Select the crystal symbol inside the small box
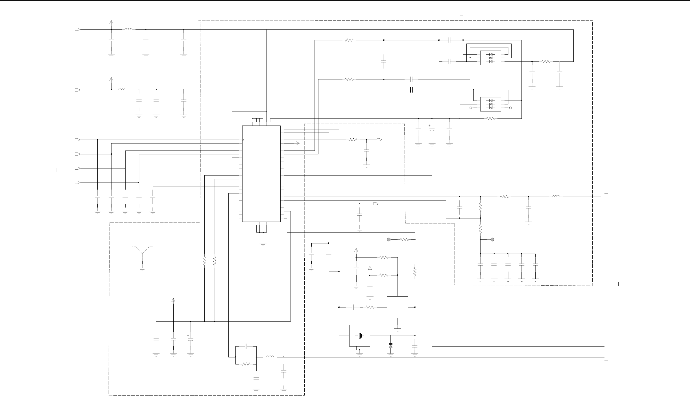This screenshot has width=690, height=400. point(360,336)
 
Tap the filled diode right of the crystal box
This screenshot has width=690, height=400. point(390,346)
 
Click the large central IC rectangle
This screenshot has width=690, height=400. point(261,173)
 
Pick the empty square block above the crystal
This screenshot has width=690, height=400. point(398,307)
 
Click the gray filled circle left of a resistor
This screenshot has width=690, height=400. point(389,239)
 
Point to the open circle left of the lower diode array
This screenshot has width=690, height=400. point(471,108)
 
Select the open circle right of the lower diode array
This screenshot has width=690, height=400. point(511,108)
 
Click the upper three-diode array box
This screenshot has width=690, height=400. point(491,58)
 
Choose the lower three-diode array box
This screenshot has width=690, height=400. point(491,104)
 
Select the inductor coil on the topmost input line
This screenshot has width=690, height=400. point(128,29)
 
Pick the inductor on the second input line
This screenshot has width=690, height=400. point(122,90)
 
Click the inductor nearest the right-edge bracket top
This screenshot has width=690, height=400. point(556,197)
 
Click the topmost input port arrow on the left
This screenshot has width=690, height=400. point(77,29)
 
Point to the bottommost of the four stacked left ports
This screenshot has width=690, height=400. point(77,183)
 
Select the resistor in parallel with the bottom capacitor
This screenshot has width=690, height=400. point(246,364)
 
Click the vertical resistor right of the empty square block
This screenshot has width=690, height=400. point(415,272)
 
